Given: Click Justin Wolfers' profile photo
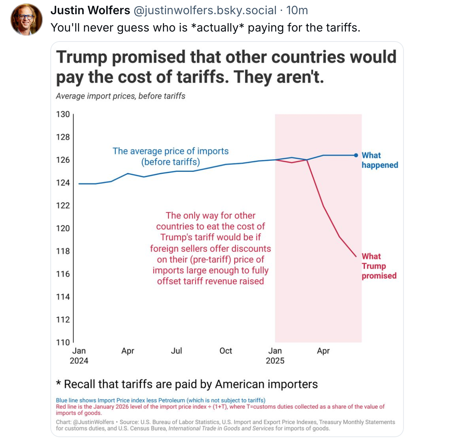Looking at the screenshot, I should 27,20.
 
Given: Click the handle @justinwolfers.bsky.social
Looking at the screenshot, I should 205,10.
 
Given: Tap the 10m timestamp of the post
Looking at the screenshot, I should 297,10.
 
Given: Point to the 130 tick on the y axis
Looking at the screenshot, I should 63,114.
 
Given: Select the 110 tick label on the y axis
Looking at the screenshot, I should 63,342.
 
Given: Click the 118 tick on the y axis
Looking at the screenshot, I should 63,251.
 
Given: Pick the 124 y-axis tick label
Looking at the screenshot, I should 63,183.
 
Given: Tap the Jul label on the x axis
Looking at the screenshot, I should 176,351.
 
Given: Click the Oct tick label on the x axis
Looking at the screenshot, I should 226,351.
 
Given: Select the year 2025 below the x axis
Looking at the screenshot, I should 275,361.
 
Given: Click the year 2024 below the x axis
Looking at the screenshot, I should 79,361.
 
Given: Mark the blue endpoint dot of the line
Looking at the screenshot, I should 356,155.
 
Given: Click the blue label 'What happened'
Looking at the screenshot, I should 379,160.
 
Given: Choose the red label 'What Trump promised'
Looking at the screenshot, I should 379,266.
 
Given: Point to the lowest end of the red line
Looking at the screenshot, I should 356,256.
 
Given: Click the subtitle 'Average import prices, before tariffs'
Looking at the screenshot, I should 121,96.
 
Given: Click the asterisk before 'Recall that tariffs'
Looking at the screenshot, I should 58,384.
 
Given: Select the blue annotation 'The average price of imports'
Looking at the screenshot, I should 171,151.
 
